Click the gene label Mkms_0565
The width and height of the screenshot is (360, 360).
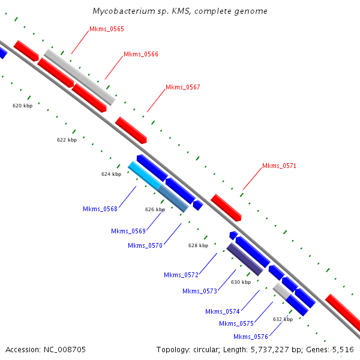click(x=107, y=29)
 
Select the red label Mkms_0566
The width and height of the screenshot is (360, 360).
click(x=141, y=54)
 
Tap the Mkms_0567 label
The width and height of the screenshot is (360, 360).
click(x=183, y=87)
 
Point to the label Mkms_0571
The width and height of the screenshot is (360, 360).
click(x=279, y=166)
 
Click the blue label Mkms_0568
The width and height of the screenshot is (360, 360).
click(x=100, y=209)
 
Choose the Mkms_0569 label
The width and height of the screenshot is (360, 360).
click(x=128, y=231)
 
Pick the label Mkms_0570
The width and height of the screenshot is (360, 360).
click(x=145, y=245)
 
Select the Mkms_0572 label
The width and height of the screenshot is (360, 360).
click(x=181, y=275)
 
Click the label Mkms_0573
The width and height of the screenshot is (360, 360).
click(x=200, y=291)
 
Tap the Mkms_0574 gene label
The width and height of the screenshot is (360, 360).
click(x=223, y=311)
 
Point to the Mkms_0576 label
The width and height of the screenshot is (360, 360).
click(x=251, y=337)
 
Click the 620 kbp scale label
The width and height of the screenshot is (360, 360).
click(x=23, y=106)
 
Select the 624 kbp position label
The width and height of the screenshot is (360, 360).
click(x=112, y=174)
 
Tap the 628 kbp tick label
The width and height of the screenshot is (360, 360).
click(x=199, y=245)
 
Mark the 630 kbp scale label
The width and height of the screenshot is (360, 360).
click(x=241, y=282)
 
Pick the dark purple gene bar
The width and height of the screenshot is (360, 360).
click(x=245, y=259)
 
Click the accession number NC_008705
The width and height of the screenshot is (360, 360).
click(x=65, y=350)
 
